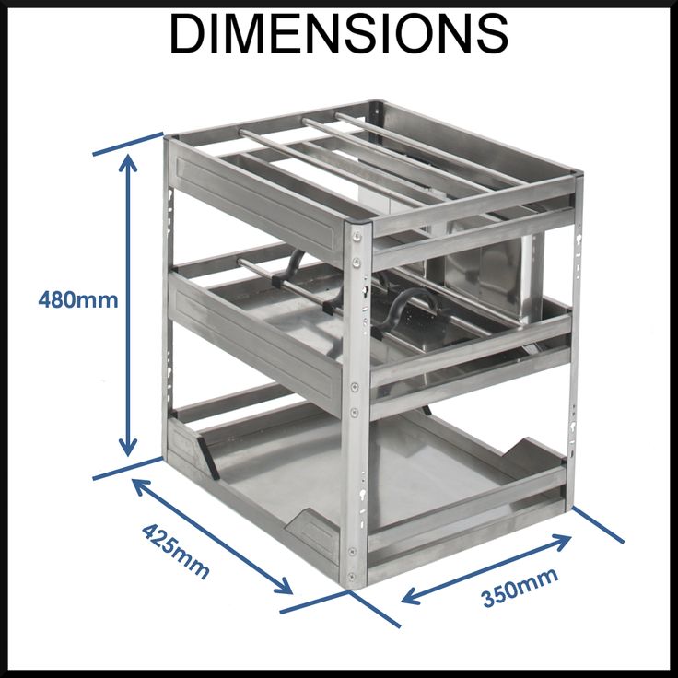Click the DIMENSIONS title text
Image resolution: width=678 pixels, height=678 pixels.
point(338,34)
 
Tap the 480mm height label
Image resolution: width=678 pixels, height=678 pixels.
point(78,299)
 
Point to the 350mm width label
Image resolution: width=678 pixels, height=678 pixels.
point(520,589)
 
